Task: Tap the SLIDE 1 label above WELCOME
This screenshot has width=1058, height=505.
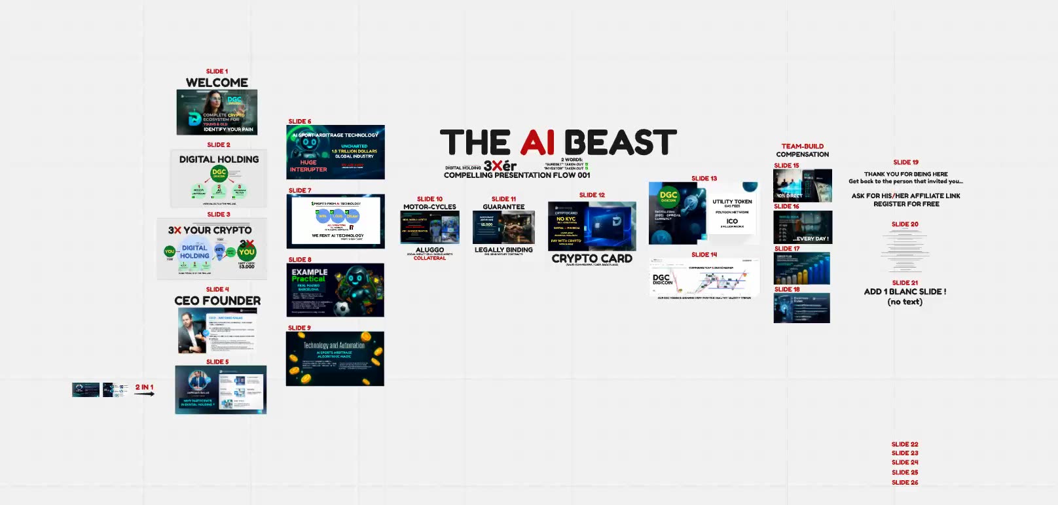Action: point(217,71)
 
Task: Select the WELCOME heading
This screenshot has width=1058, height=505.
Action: point(217,83)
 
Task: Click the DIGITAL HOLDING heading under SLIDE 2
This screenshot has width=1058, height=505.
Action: point(219,160)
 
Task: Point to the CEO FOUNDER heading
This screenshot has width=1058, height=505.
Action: point(217,301)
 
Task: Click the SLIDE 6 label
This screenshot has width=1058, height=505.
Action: point(300,122)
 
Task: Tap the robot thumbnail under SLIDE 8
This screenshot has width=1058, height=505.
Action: point(335,290)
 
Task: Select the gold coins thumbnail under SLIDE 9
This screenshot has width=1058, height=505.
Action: point(335,358)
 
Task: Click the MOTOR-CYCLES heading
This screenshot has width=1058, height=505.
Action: point(429,207)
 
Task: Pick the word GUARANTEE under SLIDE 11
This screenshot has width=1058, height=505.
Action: point(503,207)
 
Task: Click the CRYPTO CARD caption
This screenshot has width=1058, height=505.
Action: point(592,258)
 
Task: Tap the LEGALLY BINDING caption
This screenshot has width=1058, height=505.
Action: point(503,250)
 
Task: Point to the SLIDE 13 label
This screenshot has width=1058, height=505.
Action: point(704,179)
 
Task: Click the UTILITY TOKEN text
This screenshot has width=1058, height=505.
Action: point(732,201)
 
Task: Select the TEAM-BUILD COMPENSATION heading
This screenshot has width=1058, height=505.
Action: point(803,150)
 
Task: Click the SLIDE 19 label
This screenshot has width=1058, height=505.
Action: point(905,162)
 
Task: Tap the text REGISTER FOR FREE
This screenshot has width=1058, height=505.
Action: point(906,204)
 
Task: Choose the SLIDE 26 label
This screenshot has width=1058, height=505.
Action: point(905,483)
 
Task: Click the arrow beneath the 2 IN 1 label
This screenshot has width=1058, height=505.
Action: point(145,394)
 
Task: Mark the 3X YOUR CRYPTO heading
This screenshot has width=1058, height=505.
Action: point(210,230)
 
